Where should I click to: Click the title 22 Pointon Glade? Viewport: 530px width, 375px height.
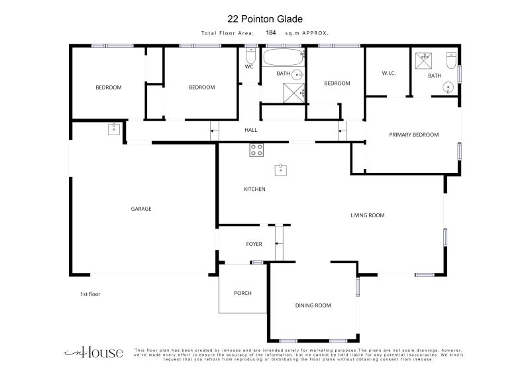pos(264,19)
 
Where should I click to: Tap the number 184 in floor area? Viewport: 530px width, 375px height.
pos(271,32)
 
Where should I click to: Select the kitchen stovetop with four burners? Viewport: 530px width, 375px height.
pos(256,150)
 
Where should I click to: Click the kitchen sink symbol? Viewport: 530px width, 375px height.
pos(280,170)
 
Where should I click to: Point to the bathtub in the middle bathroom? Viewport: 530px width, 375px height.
pos(284,58)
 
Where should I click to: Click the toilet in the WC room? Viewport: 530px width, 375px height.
pos(250,56)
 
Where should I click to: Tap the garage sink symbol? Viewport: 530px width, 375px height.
pos(114,129)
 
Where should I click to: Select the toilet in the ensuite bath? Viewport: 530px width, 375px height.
pos(451,60)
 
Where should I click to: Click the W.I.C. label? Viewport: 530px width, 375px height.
pos(389,73)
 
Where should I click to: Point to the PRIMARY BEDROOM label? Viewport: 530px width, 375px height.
pos(413,134)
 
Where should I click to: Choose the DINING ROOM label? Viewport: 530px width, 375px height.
pos(313,305)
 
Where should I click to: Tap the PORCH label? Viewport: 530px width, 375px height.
pos(242,293)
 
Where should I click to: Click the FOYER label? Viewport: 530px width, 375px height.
pos(254,244)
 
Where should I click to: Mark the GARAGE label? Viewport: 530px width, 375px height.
pos(141,209)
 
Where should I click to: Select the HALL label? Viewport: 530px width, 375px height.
pos(251,130)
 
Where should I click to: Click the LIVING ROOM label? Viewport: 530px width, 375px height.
pos(368,215)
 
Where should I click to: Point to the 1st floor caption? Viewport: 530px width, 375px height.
pos(90,294)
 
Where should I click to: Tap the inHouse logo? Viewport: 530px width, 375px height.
pos(93,352)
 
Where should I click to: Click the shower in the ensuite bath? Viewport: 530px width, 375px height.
pos(423,61)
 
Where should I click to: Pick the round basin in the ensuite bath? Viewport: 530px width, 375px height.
pos(449,87)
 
